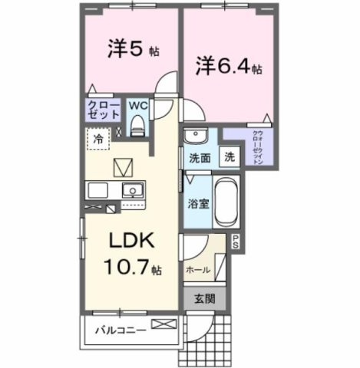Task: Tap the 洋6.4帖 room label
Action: click(226, 67)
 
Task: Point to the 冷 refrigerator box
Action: click(99, 140)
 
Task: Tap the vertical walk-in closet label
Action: click(259, 146)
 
